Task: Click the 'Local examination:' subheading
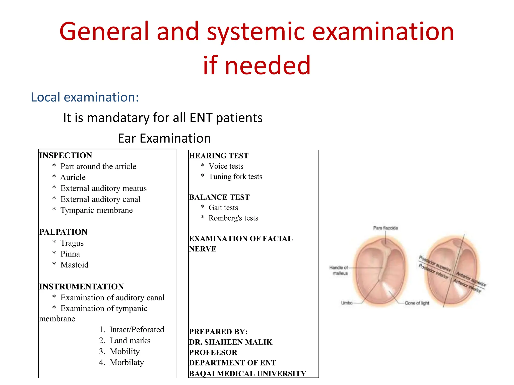pyautogui.click(x=85, y=97)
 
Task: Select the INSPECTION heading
pyautogui.click(x=66, y=155)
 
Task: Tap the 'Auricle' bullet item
pyautogui.click(x=73, y=177)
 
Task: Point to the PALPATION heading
pyautogui.click(x=63, y=232)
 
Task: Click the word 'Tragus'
pyautogui.click(x=72, y=243)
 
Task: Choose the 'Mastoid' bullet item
pyautogui.click(x=75, y=265)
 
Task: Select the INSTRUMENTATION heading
pyautogui.click(x=82, y=287)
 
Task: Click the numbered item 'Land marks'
pyautogui.click(x=130, y=341)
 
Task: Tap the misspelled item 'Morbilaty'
pyautogui.click(x=127, y=362)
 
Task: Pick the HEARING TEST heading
pyautogui.click(x=219, y=156)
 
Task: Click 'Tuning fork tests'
pyautogui.click(x=235, y=177)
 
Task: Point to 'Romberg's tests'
pyautogui.click(x=233, y=218)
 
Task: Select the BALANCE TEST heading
pyautogui.click(x=219, y=197)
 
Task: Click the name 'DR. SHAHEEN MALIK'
pyautogui.click(x=231, y=342)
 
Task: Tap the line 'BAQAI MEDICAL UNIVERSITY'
pyautogui.click(x=247, y=374)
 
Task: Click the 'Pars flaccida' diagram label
pyautogui.click(x=385, y=228)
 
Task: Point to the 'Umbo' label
pyautogui.click(x=347, y=303)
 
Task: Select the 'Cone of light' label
pyautogui.click(x=417, y=303)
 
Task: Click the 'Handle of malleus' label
pyautogui.click(x=339, y=270)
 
